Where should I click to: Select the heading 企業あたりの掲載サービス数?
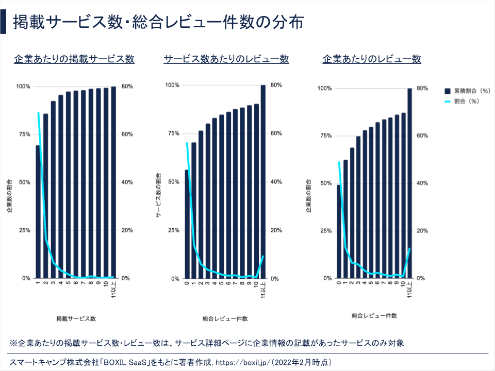74,59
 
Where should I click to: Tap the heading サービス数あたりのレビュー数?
226,59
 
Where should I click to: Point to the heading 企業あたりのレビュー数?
372,59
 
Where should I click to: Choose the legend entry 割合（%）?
463,102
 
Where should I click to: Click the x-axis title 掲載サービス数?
76,318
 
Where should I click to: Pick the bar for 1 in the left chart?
38,211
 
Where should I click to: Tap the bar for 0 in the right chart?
339,231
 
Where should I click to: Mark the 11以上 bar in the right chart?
410,183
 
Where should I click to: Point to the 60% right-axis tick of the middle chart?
276,133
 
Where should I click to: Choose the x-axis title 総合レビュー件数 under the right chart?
374,315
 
